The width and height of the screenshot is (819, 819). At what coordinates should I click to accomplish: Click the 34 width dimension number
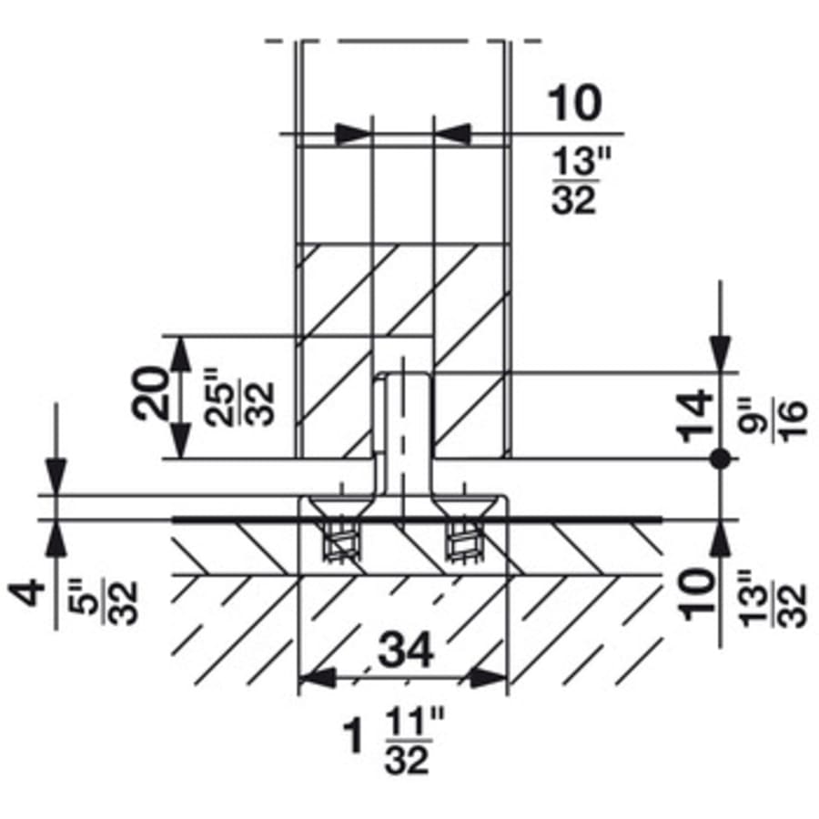(402, 652)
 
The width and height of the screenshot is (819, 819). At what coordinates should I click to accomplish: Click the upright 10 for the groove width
(574, 104)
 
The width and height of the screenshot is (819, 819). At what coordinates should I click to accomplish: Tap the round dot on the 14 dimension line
(720, 460)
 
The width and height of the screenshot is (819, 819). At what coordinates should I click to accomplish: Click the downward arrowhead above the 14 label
(720, 350)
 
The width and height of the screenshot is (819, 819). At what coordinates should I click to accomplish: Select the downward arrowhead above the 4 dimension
(56, 473)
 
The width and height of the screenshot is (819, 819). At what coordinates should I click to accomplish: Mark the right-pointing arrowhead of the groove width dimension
(355, 134)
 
